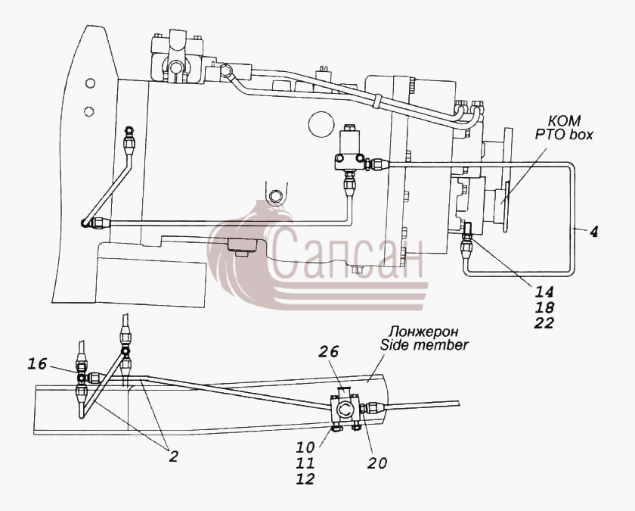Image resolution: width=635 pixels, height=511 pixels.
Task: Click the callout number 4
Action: click(x=593, y=232)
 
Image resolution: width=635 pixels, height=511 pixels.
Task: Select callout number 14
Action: click(x=544, y=291)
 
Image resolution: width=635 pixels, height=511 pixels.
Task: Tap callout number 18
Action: click(x=544, y=307)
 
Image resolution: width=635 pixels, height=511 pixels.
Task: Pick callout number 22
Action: click(x=544, y=323)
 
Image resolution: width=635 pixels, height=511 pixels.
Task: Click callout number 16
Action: click(x=37, y=364)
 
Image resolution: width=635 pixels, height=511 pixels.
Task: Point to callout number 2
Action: click(x=173, y=457)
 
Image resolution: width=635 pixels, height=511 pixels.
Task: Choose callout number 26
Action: click(x=328, y=351)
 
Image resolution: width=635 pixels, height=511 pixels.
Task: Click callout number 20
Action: click(x=377, y=463)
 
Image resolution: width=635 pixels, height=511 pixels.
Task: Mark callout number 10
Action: click(x=305, y=447)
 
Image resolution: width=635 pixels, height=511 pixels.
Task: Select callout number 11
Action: click(x=305, y=463)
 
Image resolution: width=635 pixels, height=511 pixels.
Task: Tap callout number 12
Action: click(x=305, y=478)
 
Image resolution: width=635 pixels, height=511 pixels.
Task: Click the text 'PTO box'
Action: click(x=564, y=134)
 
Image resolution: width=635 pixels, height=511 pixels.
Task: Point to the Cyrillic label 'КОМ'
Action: click(x=564, y=120)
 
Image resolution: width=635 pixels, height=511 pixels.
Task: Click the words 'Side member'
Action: click(x=424, y=345)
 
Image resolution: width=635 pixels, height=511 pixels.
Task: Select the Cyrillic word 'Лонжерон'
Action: click(x=423, y=332)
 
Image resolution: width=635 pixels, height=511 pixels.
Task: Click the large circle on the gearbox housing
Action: click(x=321, y=124)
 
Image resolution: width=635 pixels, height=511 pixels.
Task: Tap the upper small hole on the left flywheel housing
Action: click(x=90, y=83)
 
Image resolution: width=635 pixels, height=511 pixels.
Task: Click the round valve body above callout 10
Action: click(x=345, y=410)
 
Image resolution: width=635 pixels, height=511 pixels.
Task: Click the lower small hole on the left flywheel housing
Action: click(x=89, y=111)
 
